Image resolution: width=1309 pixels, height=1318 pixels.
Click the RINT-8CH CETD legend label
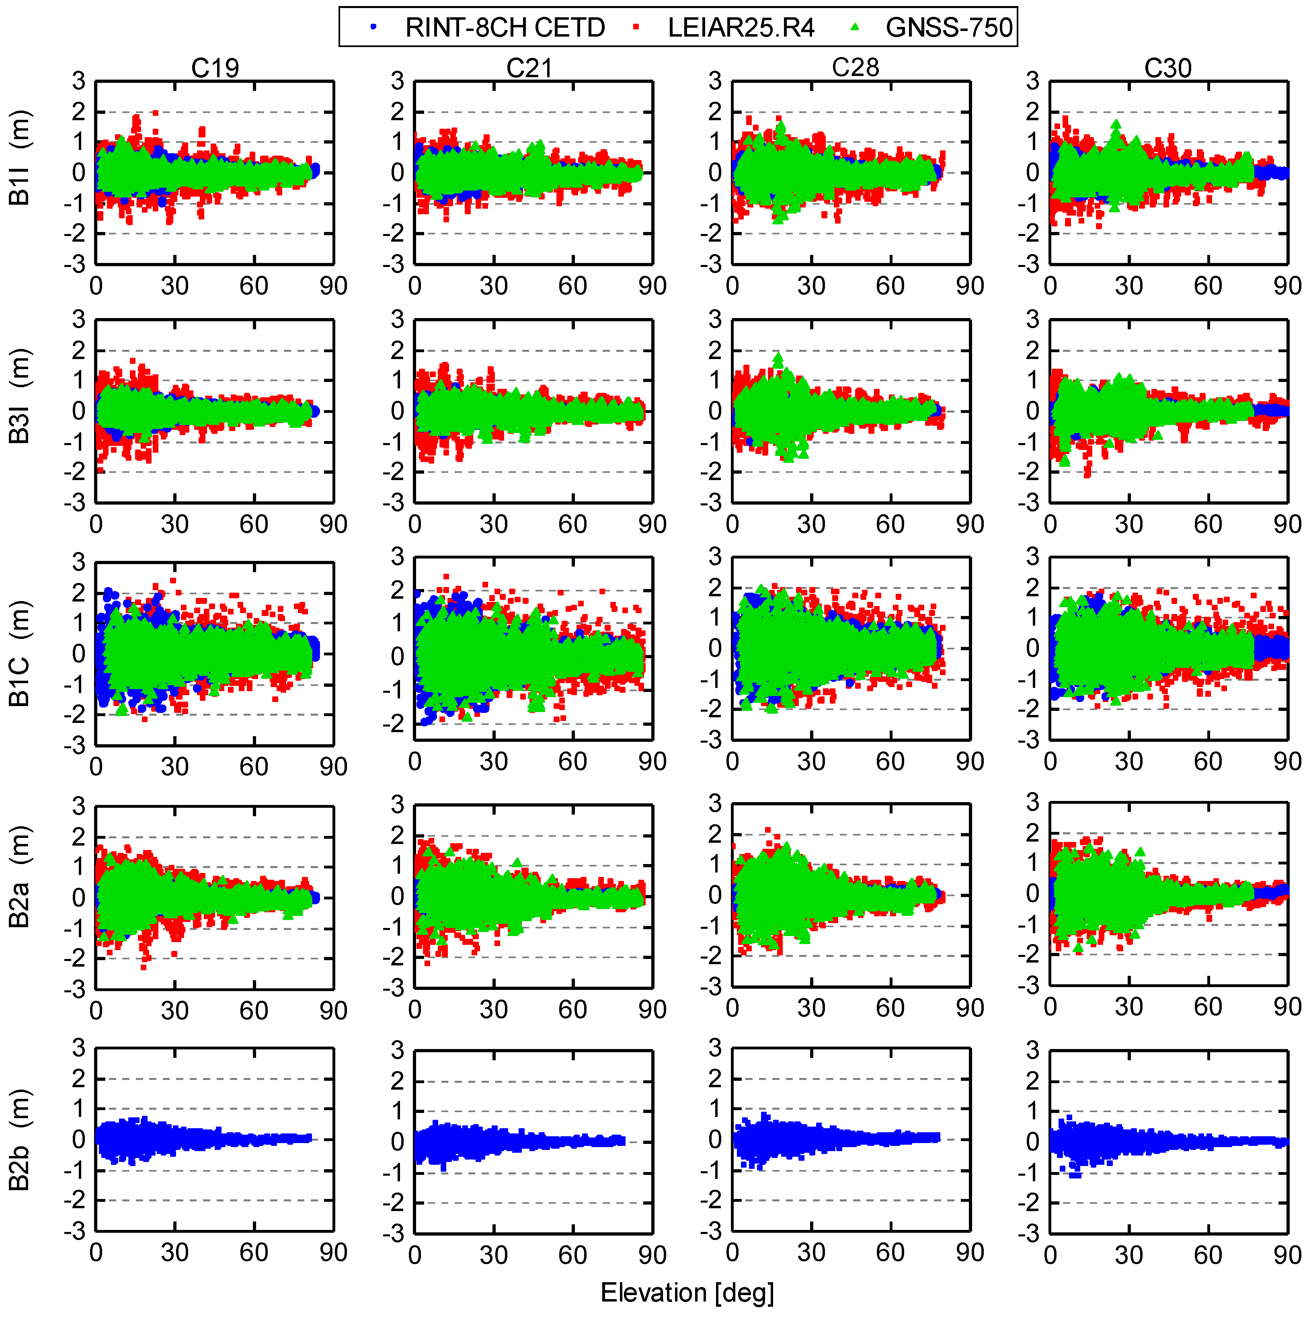click(x=505, y=27)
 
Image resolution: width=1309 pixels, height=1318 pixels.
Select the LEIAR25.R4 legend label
click(x=741, y=27)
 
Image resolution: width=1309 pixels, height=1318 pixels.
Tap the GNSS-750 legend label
click(x=949, y=27)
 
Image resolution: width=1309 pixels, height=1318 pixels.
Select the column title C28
click(x=856, y=68)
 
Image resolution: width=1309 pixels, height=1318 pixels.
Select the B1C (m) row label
click(x=19, y=653)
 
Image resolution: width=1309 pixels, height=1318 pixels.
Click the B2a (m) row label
click(x=19, y=877)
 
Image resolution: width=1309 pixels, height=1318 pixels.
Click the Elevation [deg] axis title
click(x=687, y=1293)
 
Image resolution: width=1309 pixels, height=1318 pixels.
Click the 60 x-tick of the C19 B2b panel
click(x=254, y=1252)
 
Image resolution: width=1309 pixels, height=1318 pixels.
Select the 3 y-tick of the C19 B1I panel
click(x=79, y=81)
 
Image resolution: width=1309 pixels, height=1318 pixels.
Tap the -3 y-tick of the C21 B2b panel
click(x=394, y=1234)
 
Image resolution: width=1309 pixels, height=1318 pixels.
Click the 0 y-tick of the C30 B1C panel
click(x=1034, y=648)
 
